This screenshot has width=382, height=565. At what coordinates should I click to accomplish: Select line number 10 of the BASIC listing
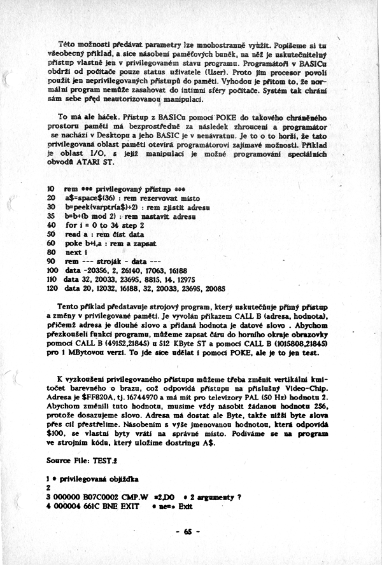[50, 189]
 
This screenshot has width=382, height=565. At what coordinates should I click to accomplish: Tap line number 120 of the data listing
[53, 287]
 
